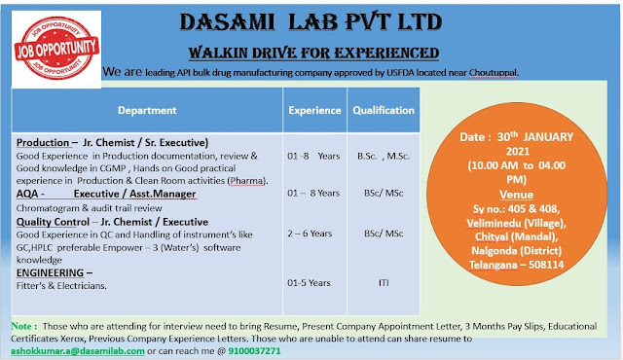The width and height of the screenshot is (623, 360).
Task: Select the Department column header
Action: (147, 111)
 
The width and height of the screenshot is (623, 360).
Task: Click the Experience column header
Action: (313, 111)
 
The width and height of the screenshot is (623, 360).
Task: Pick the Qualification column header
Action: (384, 111)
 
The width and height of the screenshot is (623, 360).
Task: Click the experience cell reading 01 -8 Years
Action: (313, 154)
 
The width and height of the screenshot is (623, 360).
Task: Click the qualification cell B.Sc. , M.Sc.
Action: (384, 154)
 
